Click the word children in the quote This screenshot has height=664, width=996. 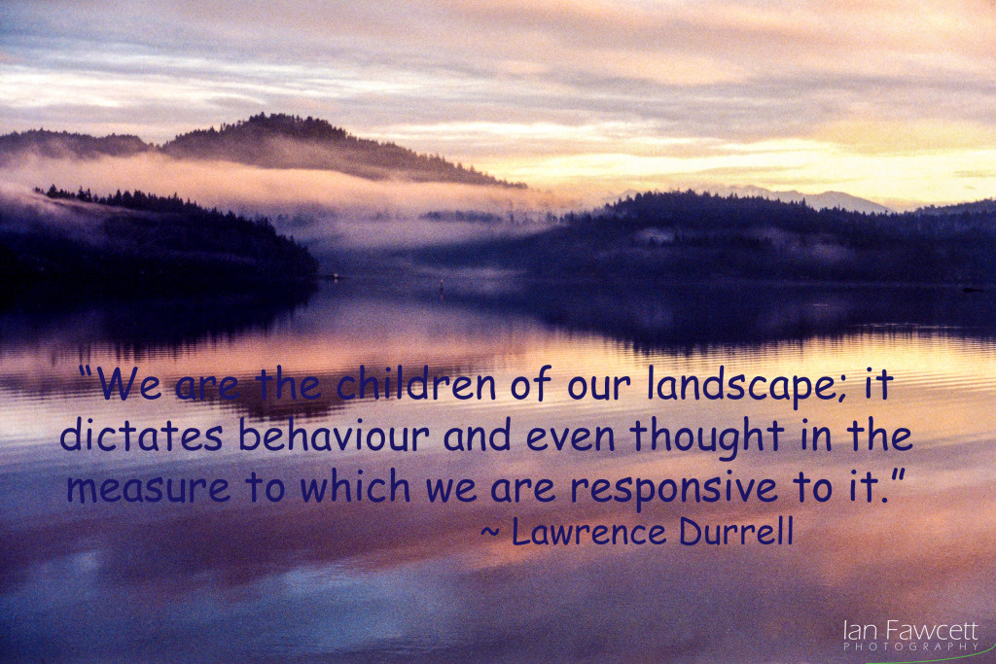tap(415, 383)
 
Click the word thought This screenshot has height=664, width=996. tap(707, 438)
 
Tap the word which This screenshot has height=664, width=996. tap(355, 486)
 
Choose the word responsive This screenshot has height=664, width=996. tap(674, 489)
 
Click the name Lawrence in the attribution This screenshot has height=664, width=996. tap(588, 532)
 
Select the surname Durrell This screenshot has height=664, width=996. tap(736, 531)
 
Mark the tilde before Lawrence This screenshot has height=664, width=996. tap(490, 532)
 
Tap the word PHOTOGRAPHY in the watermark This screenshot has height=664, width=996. tap(910, 647)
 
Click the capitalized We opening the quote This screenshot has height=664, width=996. tap(129, 383)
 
